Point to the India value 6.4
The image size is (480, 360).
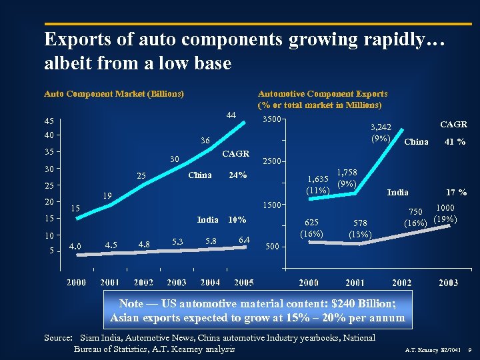coord(244,239)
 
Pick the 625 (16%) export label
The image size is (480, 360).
coord(311,228)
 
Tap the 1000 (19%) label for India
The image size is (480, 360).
coord(444,214)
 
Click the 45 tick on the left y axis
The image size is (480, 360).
coord(49,122)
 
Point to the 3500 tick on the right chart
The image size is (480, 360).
coord(271,119)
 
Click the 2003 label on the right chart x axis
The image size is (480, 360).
coord(448,283)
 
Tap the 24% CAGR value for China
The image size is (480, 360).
coord(238,175)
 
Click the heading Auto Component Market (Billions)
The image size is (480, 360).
coord(114,93)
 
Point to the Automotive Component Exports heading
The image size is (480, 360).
coord(323,93)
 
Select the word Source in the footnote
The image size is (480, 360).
coord(57,338)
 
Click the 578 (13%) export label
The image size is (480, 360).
coord(361,228)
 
